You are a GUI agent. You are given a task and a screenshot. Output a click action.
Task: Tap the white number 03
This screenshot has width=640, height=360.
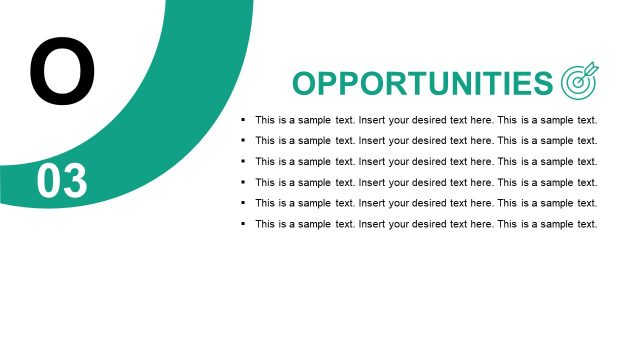click(x=62, y=182)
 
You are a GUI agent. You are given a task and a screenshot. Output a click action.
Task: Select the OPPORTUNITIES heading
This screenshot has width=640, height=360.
click(x=422, y=83)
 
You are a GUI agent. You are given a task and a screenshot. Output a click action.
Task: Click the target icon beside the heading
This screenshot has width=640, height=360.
click(x=580, y=82)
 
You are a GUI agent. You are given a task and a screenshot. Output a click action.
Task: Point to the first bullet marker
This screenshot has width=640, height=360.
click(x=243, y=119)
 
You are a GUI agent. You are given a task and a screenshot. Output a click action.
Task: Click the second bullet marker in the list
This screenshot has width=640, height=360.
click(x=243, y=140)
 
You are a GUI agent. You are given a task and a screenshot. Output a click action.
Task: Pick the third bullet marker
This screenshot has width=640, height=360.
click(x=243, y=161)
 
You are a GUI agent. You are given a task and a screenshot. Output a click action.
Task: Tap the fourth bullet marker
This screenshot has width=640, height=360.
click(x=243, y=182)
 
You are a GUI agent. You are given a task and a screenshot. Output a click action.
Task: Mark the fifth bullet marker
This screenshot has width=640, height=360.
click(x=243, y=203)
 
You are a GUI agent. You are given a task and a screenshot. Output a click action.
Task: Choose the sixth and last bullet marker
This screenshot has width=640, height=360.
click(x=243, y=224)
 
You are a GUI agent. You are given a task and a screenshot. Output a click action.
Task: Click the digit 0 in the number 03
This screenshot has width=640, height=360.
click(x=49, y=182)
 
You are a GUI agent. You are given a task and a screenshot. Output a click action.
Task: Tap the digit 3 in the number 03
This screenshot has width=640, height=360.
click(x=75, y=182)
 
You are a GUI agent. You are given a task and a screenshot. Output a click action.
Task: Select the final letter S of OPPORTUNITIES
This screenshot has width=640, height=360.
click(x=541, y=83)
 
